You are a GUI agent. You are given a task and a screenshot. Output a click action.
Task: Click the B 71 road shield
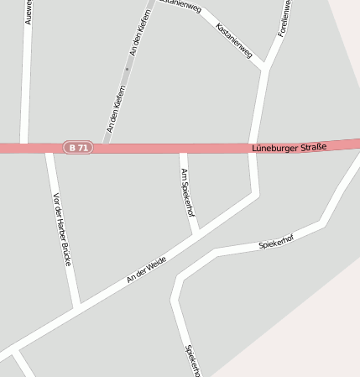(78, 148)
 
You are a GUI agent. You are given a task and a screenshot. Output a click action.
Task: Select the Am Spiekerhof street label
(188, 192)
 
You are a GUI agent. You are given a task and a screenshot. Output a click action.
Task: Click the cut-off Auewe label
(29, 12)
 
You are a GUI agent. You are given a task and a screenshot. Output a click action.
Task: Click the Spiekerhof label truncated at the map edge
(192, 360)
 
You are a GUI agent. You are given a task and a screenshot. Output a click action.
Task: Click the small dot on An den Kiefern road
(127, 69)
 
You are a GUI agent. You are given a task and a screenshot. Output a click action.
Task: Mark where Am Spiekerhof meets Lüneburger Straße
(184, 149)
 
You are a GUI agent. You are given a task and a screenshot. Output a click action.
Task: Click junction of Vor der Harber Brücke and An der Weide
(77, 306)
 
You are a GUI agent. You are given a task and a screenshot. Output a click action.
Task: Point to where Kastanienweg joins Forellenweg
(264, 67)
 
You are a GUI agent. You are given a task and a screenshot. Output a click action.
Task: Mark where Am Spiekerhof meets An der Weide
(196, 234)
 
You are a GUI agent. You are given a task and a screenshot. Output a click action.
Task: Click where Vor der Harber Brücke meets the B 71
(50, 149)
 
